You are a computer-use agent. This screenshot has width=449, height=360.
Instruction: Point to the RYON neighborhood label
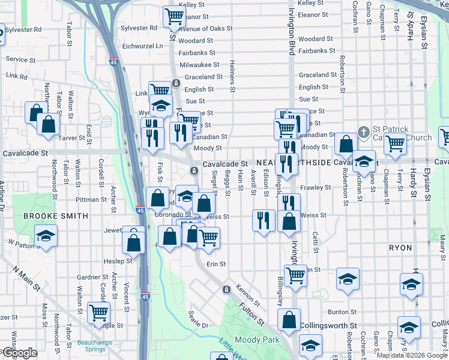(x=400, y=247)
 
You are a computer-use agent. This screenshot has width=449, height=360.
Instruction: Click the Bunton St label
(x=342, y=312)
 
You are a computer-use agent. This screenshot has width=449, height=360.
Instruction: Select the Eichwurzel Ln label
(x=142, y=46)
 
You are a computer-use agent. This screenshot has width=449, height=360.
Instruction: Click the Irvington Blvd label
(x=292, y=27)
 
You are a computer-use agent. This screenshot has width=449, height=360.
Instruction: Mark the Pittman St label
(x=91, y=199)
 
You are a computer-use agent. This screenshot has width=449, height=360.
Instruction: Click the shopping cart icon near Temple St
(x=98, y=312)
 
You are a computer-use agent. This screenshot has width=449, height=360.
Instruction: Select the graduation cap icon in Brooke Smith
(x=45, y=236)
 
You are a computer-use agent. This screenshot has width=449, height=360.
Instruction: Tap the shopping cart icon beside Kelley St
(x=174, y=16)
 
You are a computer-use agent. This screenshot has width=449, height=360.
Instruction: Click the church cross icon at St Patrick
(x=363, y=131)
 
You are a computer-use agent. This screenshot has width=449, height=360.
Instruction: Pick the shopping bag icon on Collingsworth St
(x=289, y=319)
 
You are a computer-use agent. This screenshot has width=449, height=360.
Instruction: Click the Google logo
(x=19, y=353)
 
